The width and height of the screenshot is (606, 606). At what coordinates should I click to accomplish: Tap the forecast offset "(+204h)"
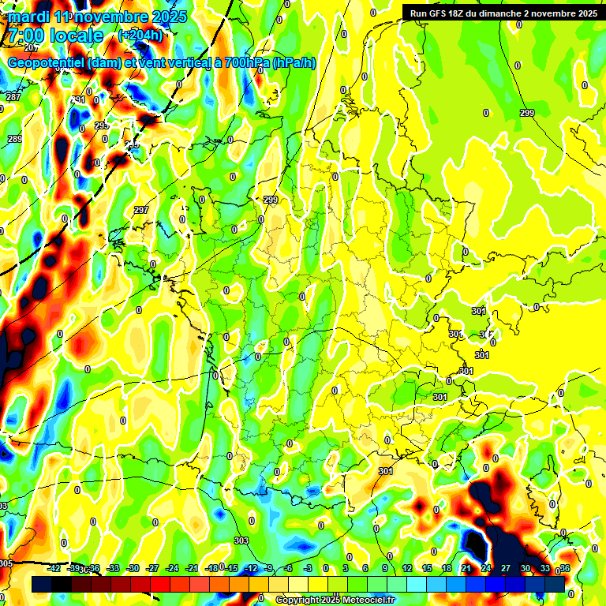click(140, 35)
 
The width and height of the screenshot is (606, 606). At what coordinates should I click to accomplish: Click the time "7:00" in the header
click(24, 36)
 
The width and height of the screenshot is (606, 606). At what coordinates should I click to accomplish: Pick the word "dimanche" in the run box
click(514, 13)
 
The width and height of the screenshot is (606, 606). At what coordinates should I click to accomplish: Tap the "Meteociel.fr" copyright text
click(365, 600)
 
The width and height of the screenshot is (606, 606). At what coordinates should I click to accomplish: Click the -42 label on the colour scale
click(55, 568)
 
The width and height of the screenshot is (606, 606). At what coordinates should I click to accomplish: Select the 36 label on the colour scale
click(565, 568)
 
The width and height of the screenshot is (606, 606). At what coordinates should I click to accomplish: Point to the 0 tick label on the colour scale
click(326, 568)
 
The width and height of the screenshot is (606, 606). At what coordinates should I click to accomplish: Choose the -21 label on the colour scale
click(193, 568)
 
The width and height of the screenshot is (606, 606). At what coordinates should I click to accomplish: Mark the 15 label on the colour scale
click(427, 568)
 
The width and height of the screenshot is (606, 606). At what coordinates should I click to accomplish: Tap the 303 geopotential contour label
click(241, 541)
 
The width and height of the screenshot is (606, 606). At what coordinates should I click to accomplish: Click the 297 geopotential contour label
click(141, 210)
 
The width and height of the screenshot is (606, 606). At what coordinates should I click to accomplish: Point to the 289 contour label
click(15, 139)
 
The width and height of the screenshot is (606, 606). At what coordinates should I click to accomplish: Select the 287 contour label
click(13, 97)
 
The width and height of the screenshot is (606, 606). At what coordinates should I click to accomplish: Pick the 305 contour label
click(6, 563)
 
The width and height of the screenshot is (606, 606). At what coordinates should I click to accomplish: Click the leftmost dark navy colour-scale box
click(42, 584)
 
